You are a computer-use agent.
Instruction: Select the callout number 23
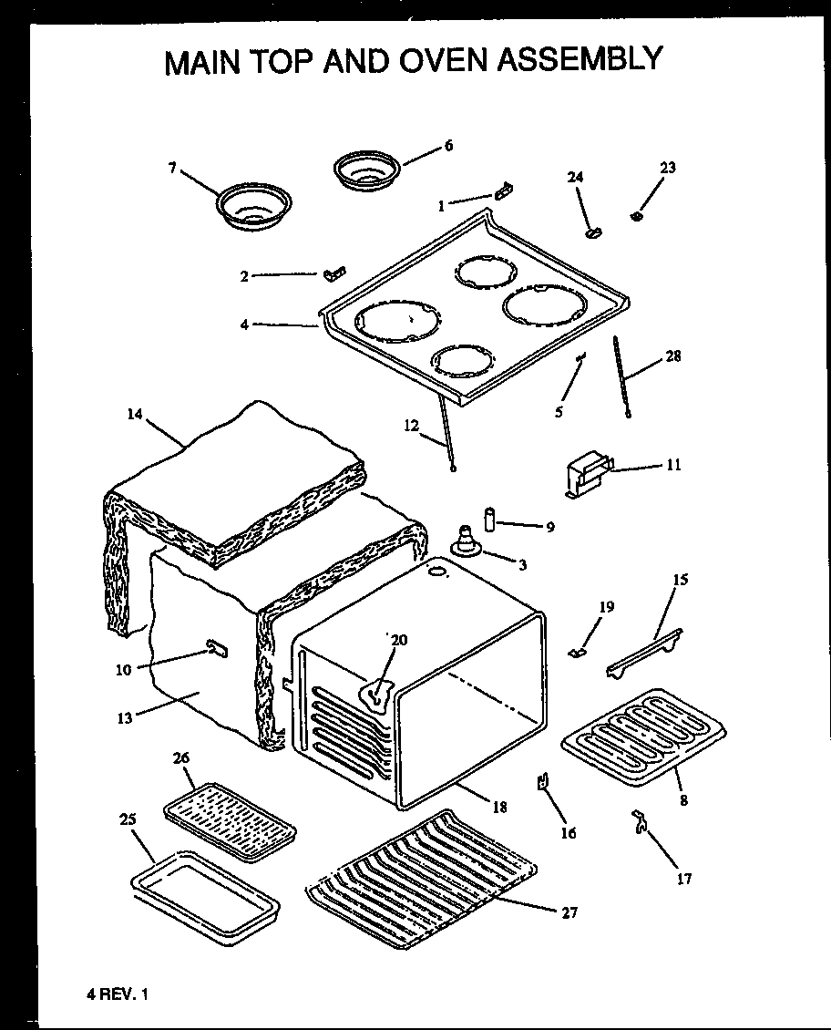668,168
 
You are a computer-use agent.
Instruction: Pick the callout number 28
673,355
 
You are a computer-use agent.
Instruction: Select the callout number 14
135,413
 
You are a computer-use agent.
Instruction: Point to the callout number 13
125,718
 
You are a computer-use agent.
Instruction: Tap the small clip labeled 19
576,650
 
